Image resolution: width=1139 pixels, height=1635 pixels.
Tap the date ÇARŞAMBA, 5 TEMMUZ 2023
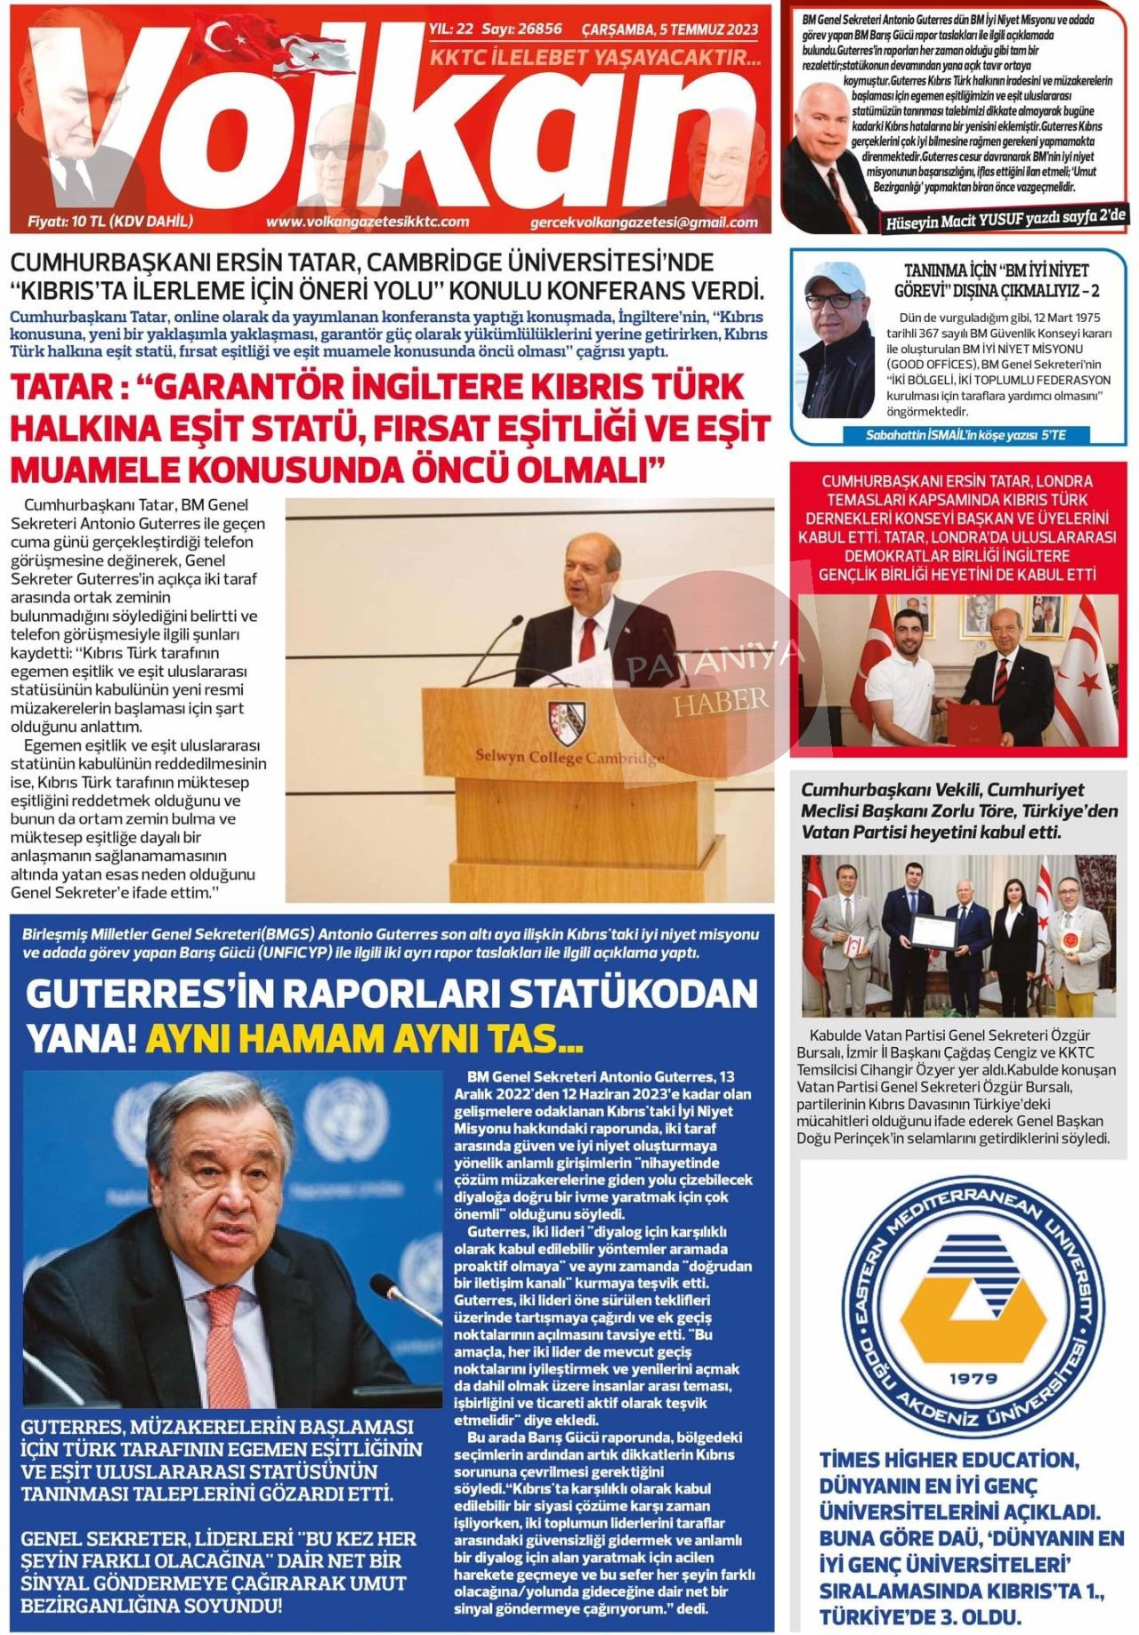(669, 29)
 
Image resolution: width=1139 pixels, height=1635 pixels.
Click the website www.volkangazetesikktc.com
(367, 221)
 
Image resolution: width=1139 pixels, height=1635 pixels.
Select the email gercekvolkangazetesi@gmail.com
(643, 222)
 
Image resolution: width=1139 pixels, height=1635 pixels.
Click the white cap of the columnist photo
(833, 277)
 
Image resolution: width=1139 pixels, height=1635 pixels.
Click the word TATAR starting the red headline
(62, 388)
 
